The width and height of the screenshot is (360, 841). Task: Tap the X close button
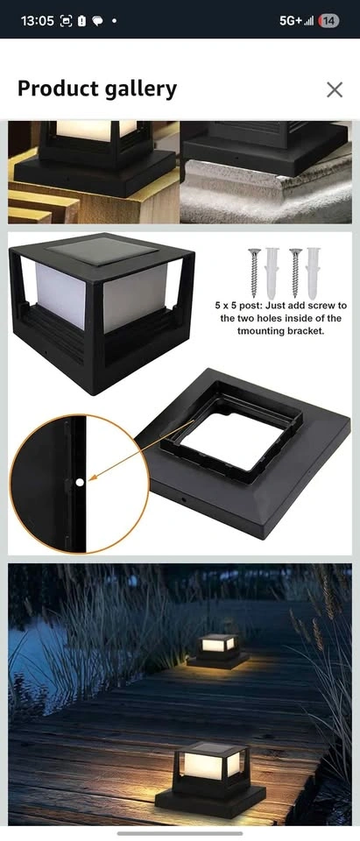point(335,89)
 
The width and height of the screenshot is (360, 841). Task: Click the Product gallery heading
point(97,89)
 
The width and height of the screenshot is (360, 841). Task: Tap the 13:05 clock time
point(37,21)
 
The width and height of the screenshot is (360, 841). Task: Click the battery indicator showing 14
point(328,21)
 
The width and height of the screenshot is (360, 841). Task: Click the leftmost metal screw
point(254,272)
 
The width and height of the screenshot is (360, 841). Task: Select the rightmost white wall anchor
point(313,273)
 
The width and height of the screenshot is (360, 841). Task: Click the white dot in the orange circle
point(80,482)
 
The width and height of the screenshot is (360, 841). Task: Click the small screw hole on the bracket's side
point(183,499)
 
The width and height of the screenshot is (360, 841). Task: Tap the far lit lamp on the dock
point(216,650)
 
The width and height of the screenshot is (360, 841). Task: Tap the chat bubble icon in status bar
point(97,21)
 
